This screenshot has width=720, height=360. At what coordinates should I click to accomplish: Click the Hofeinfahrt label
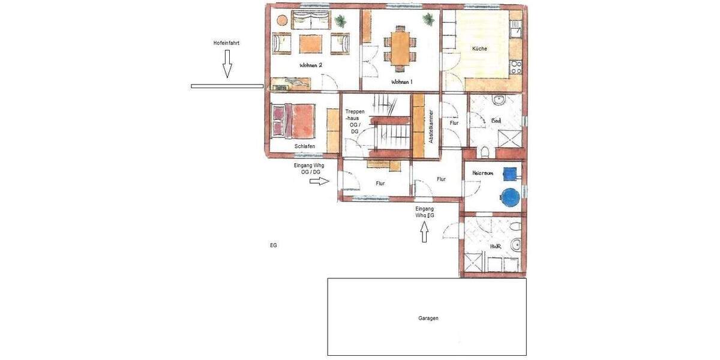click(x=226, y=43)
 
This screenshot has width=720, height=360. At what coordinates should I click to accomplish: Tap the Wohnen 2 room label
click(x=311, y=65)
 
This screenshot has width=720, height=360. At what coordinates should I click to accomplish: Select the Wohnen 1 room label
click(x=402, y=82)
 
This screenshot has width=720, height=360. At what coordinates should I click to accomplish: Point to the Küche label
click(x=479, y=49)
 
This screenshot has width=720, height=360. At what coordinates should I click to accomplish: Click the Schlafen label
click(x=305, y=146)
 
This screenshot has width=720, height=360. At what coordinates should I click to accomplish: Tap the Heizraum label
click(x=482, y=173)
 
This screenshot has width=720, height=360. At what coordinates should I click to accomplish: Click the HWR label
click(x=495, y=246)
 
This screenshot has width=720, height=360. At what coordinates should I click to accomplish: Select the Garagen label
click(x=428, y=318)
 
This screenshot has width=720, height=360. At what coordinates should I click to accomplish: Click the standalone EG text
click(x=273, y=245)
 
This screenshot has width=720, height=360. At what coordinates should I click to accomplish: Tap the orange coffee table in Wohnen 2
click(x=310, y=43)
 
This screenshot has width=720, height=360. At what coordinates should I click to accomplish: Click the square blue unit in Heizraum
click(x=509, y=173)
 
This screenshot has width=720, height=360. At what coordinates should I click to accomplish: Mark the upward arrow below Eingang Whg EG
click(x=425, y=231)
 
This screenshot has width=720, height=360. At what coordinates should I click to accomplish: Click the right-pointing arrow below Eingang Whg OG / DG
click(x=320, y=181)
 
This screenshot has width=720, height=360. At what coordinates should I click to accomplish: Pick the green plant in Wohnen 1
click(x=428, y=20)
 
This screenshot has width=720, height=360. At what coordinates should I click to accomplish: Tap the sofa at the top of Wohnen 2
click(x=310, y=20)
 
